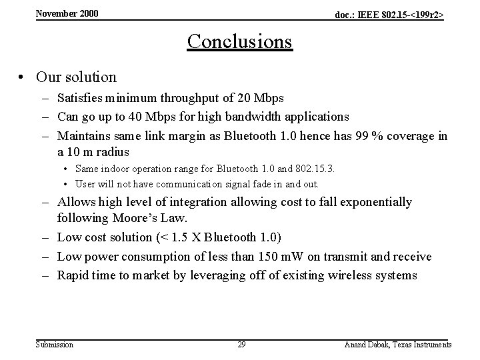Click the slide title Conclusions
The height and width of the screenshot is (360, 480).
[239, 41]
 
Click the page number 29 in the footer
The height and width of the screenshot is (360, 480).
[242, 345]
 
